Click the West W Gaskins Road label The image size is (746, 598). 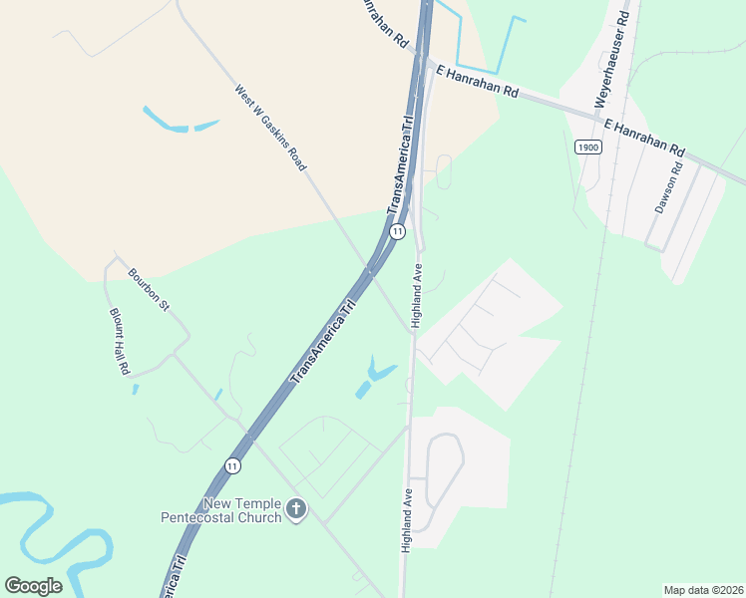(270, 127)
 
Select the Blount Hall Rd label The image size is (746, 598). (120, 340)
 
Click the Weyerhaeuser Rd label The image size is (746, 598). (611, 60)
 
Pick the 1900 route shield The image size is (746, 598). (588, 147)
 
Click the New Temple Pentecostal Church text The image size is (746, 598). (221, 510)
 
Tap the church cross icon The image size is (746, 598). (296, 510)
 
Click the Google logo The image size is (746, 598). (33, 586)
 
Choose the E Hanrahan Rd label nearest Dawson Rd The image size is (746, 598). (643, 136)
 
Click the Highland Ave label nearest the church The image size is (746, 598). (407, 520)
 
